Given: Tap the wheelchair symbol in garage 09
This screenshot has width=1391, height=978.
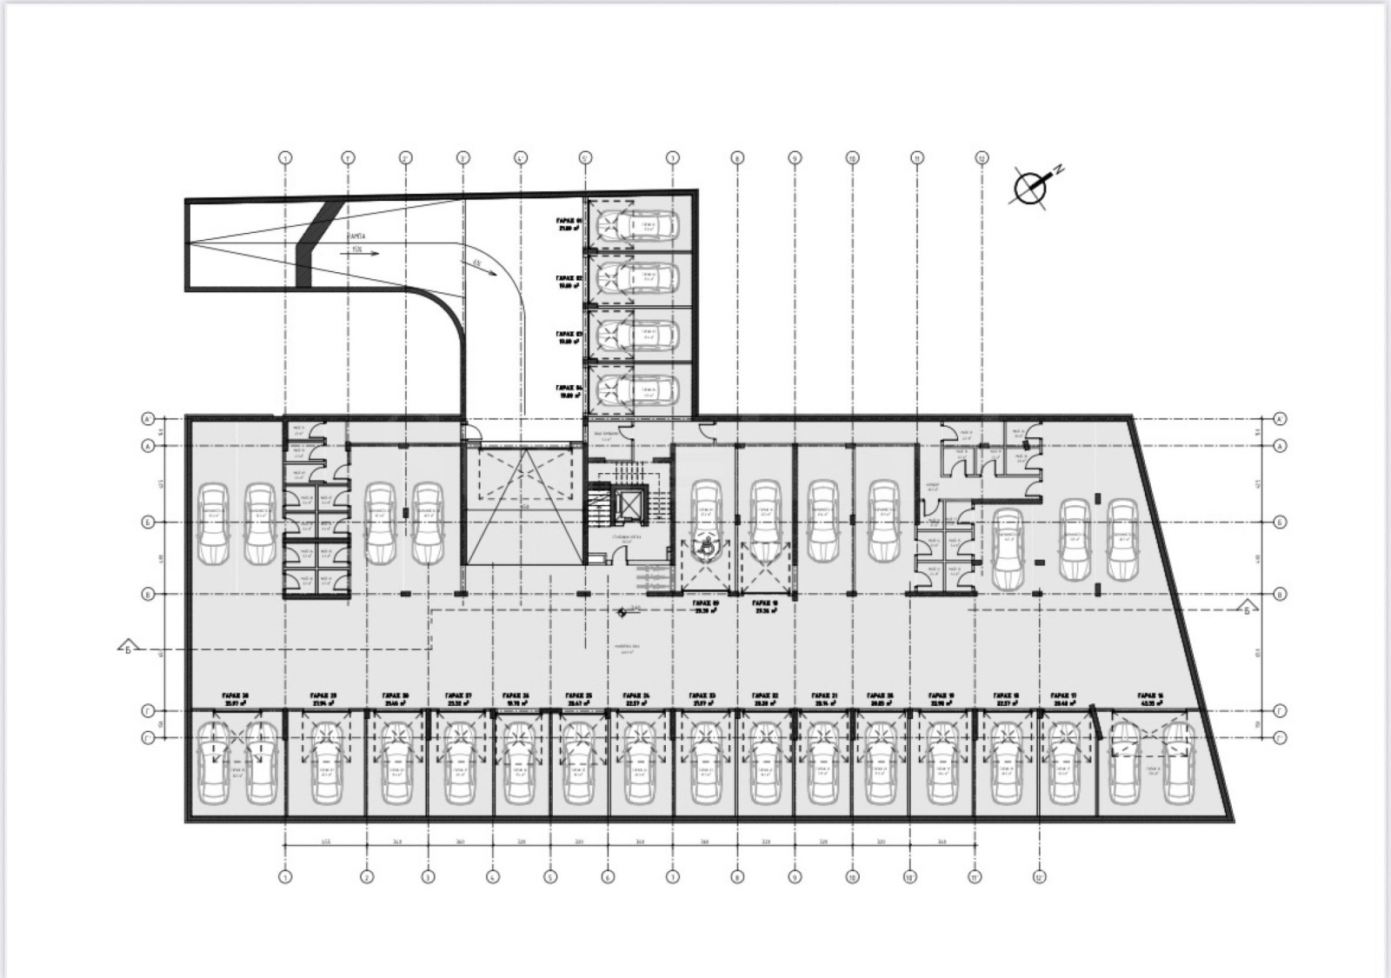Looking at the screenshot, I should pyautogui.click(x=707, y=547).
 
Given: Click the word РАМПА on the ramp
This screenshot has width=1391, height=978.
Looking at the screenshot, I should pyautogui.click(x=356, y=236).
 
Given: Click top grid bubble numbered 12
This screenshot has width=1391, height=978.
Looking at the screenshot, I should pyautogui.click(x=982, y=158).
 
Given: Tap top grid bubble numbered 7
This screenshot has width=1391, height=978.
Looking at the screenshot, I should pyautogui.click(x=672, y=158).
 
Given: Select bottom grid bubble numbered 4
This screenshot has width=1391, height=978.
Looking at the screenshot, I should pyautogui.click(x=492, y=877).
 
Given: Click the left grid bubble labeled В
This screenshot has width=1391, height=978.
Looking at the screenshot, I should pyautogui.click(x=148, y=594).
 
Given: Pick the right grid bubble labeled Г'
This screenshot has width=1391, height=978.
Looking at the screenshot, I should pyautogui.click(x=1280, y=738).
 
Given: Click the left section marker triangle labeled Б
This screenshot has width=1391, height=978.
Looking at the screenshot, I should pyautogui.click(x=127, y=649).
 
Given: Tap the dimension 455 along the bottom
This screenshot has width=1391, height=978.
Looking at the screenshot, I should pyautogui.click(x=325, y=842).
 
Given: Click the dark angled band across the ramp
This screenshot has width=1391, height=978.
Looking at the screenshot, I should pyautogui.click(x=312, y=243).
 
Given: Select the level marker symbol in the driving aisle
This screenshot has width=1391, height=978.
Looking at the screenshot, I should pyautogui.click(x=622, y=612).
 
